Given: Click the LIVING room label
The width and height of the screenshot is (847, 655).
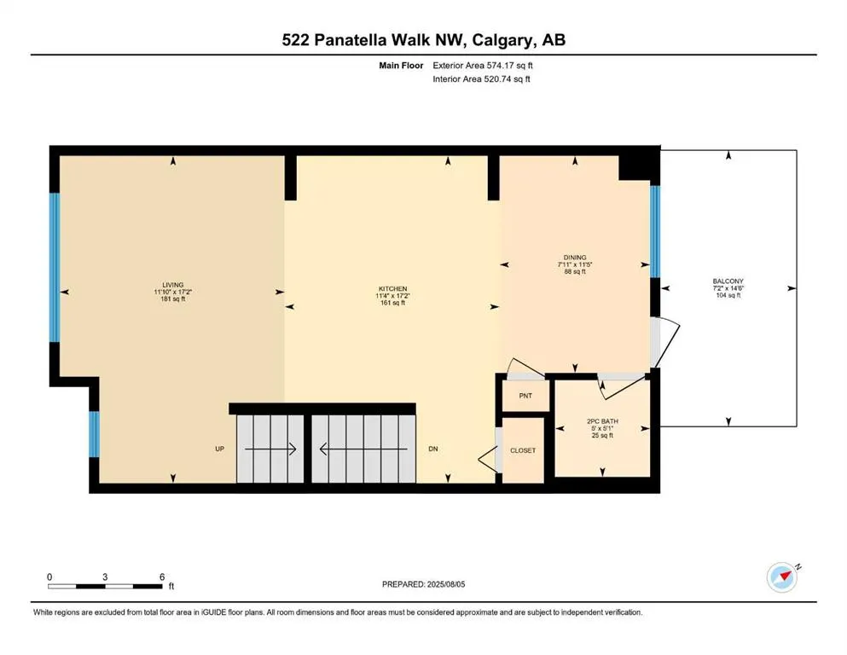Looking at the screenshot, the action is point(173,285).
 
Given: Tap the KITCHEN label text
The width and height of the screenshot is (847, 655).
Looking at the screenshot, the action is point(392,289).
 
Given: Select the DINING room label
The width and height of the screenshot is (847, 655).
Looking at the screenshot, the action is point(575,258).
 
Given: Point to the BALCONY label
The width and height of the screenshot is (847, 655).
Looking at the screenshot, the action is point(728,281).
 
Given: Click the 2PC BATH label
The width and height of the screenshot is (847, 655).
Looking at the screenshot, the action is point(602,421).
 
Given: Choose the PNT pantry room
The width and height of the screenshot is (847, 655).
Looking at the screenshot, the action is point(525,396).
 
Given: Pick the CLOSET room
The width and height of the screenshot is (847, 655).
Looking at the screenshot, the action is point(523,450).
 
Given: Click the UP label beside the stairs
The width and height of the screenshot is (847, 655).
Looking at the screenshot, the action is point(220,449).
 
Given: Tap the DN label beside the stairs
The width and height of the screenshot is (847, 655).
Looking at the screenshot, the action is point(433,449).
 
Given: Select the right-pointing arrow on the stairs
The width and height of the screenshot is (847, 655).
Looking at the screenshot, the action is point(270,449).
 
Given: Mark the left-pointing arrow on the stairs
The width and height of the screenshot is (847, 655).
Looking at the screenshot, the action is point(363,449).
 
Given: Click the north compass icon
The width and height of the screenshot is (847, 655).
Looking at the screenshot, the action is point(782,577).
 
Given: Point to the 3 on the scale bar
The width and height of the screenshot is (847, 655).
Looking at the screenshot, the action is point(105,577).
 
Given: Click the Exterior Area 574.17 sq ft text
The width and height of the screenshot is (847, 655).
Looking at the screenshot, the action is point(483,66).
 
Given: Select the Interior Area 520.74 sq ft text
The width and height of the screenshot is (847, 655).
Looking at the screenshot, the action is point(481,78).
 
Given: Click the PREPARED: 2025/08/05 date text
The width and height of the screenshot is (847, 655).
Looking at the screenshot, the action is point(423,584).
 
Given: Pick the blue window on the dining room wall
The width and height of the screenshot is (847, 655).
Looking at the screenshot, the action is point(655,232).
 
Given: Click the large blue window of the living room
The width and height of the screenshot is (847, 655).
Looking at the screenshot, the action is point(55,267).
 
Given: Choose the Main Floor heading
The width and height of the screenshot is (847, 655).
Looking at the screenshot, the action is point(401,66).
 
